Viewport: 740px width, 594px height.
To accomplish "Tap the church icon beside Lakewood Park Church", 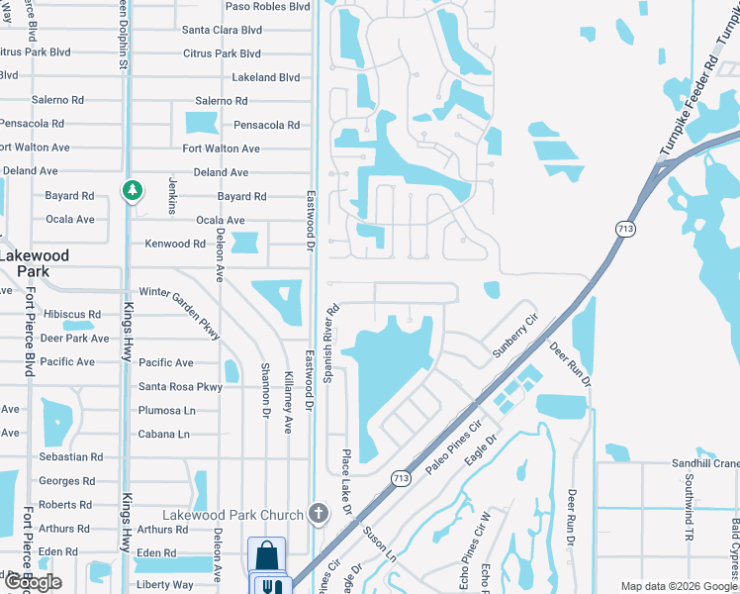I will pos(318,514).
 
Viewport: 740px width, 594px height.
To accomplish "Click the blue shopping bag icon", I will pos(266,554).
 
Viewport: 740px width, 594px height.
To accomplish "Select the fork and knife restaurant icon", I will pos(267,586).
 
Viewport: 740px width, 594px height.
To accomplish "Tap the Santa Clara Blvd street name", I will pos(222,30).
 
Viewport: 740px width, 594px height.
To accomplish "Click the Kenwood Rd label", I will pos(175,244).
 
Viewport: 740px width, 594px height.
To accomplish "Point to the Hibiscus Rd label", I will pos(71,315).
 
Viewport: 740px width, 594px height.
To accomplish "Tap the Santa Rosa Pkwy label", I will pos(180,387).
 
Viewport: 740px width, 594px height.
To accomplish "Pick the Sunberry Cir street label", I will pos(515,337).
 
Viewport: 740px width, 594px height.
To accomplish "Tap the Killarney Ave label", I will pos(288,399).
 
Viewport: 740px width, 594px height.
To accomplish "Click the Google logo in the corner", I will pos(32,583).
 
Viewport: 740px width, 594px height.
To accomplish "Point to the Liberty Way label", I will pos(165,585).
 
